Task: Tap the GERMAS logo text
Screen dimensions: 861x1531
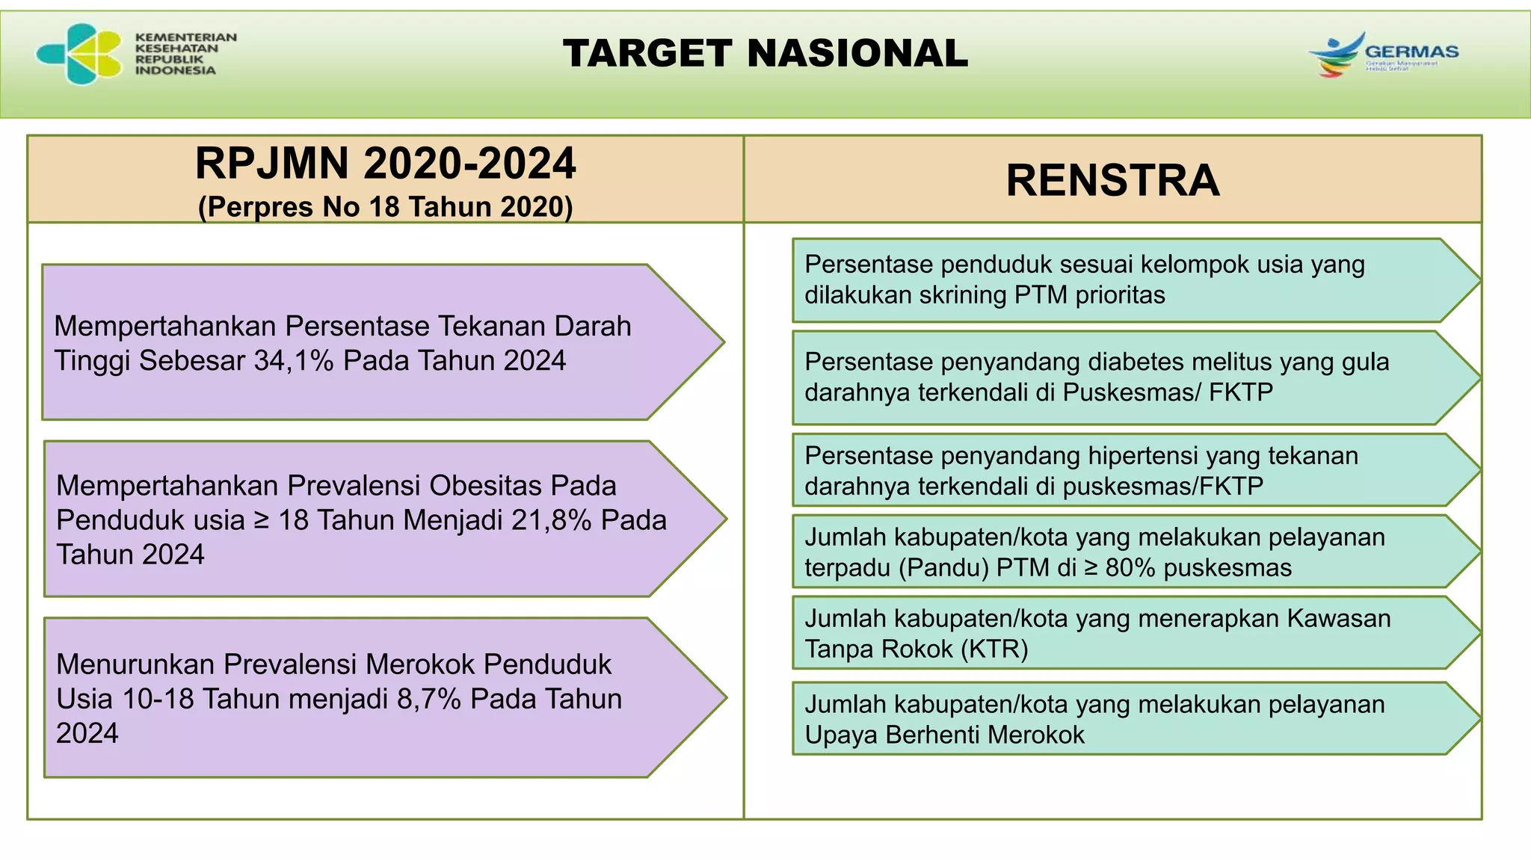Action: (1411, 52)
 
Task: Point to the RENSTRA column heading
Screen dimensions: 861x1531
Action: (1112, 180)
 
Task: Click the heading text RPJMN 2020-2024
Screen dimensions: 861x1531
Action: (385, 164)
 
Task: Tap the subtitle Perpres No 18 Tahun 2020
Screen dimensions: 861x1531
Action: (385, 207)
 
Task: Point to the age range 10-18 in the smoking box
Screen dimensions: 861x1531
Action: (158, 699)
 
